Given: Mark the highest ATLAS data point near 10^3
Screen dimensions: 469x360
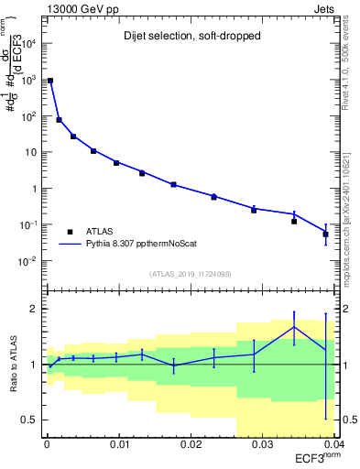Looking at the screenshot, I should pos(50,81).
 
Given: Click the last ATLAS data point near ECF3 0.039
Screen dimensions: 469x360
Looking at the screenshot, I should pos(326,234).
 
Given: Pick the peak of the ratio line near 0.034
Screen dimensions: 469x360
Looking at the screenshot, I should pos(294,327).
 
